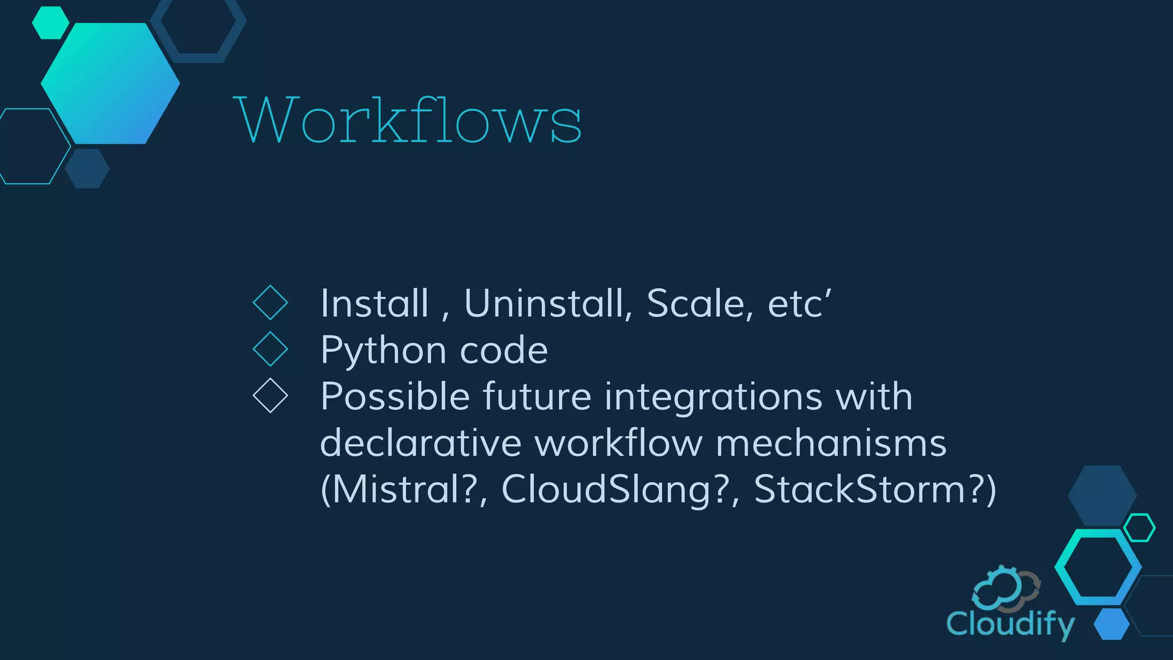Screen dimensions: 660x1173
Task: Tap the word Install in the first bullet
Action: tap(375, 303)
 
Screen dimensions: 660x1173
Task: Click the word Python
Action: tap(383, 351)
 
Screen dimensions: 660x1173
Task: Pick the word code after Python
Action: tap(503, 351)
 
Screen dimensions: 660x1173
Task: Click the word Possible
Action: tap(395, 396)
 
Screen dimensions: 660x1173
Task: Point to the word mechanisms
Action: tap(831, 443)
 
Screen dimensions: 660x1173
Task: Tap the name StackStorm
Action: tap(860, 490)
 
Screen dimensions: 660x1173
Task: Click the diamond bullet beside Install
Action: tap(270, 303)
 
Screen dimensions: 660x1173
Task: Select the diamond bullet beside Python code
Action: tap(270, 349)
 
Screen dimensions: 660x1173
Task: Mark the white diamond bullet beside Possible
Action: tap(270, 396)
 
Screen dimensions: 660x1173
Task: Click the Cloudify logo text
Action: tap(1010, 624)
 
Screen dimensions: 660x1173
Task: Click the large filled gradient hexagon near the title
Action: tap(111, 84)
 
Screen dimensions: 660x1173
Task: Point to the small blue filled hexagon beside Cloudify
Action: tap(1111, 624)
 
